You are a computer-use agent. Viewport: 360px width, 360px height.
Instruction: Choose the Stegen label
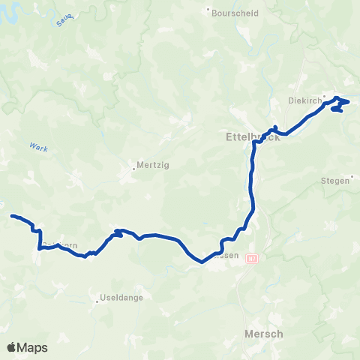click(x=334, y=181)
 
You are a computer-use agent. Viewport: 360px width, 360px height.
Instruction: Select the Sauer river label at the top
click(x=64, y=20)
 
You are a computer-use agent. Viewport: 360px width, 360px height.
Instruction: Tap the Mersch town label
click(x=264, y=334)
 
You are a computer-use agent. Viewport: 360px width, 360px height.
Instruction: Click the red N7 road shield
click(x=251, y=259)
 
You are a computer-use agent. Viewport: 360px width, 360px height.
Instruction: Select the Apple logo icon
click(x=11, y=347)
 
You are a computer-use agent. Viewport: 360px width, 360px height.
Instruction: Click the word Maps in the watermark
click(x=33, y=348)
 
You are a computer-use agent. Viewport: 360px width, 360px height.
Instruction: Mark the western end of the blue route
click(x=12, y=216)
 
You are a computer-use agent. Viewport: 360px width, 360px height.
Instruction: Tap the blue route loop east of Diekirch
click(x=340, y=105)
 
